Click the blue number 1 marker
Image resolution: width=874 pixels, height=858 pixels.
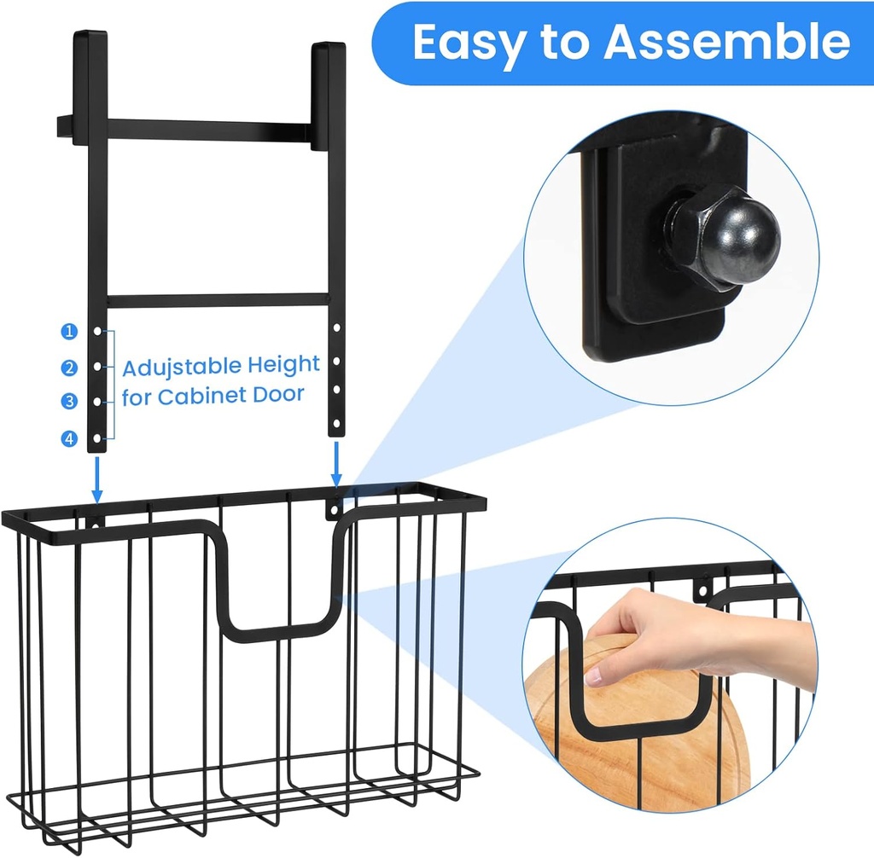coord(69,332)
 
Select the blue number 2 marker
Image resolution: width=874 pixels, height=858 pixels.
coord(69,368)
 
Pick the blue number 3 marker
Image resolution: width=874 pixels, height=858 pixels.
coord(69,401)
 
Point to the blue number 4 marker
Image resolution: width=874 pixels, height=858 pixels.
coord(69,439)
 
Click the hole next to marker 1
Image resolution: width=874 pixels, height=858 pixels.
coord(97,332)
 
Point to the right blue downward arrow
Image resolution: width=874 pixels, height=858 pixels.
coord(336,464)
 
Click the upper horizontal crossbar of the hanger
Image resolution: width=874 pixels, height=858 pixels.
coord(207,130)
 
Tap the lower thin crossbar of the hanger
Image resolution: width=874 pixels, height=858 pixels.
coord(218,301)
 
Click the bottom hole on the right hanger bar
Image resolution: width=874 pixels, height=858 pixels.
coord(336,425)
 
